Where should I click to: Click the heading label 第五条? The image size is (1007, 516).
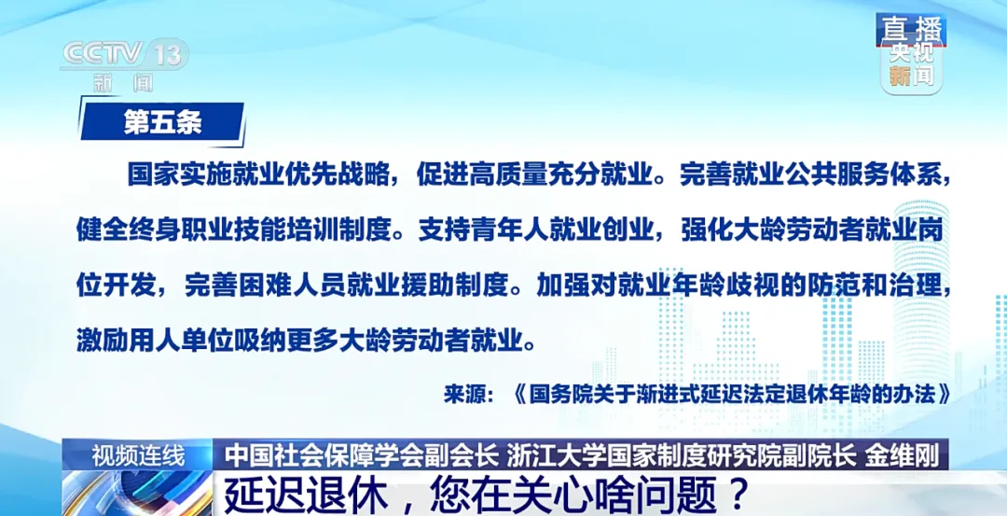point(162,122)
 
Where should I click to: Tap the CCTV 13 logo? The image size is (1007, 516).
point(124,54)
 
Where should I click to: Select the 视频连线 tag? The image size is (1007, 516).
point(138,457)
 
